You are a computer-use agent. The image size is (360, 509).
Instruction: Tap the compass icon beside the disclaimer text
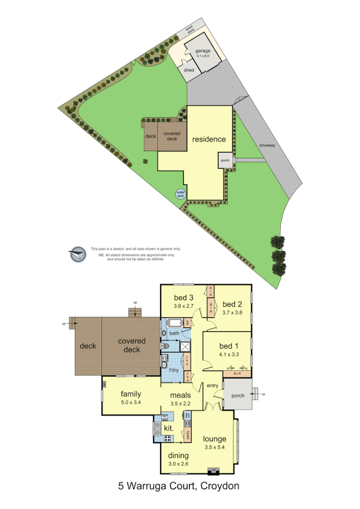(77, 254)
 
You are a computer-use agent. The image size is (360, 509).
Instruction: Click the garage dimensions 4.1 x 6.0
(203, 56)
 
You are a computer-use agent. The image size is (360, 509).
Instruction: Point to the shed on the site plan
(189, 70)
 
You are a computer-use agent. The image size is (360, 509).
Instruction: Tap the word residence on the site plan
(209, 139)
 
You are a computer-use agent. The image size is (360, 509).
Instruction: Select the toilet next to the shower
(165, 346)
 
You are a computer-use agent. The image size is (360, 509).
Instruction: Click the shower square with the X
(185, 346)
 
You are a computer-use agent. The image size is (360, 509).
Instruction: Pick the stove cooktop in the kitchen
(167, 438)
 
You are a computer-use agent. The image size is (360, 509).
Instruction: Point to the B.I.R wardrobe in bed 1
(237, 373)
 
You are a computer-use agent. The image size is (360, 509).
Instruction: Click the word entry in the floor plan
(212, 386)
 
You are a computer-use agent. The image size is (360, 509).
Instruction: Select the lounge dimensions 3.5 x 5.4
(214, 447)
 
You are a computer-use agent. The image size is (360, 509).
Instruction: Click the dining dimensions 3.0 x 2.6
(178, 463)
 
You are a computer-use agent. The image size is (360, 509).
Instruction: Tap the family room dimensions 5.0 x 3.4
(130, 402)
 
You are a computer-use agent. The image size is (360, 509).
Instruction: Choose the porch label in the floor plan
(238, 396)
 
